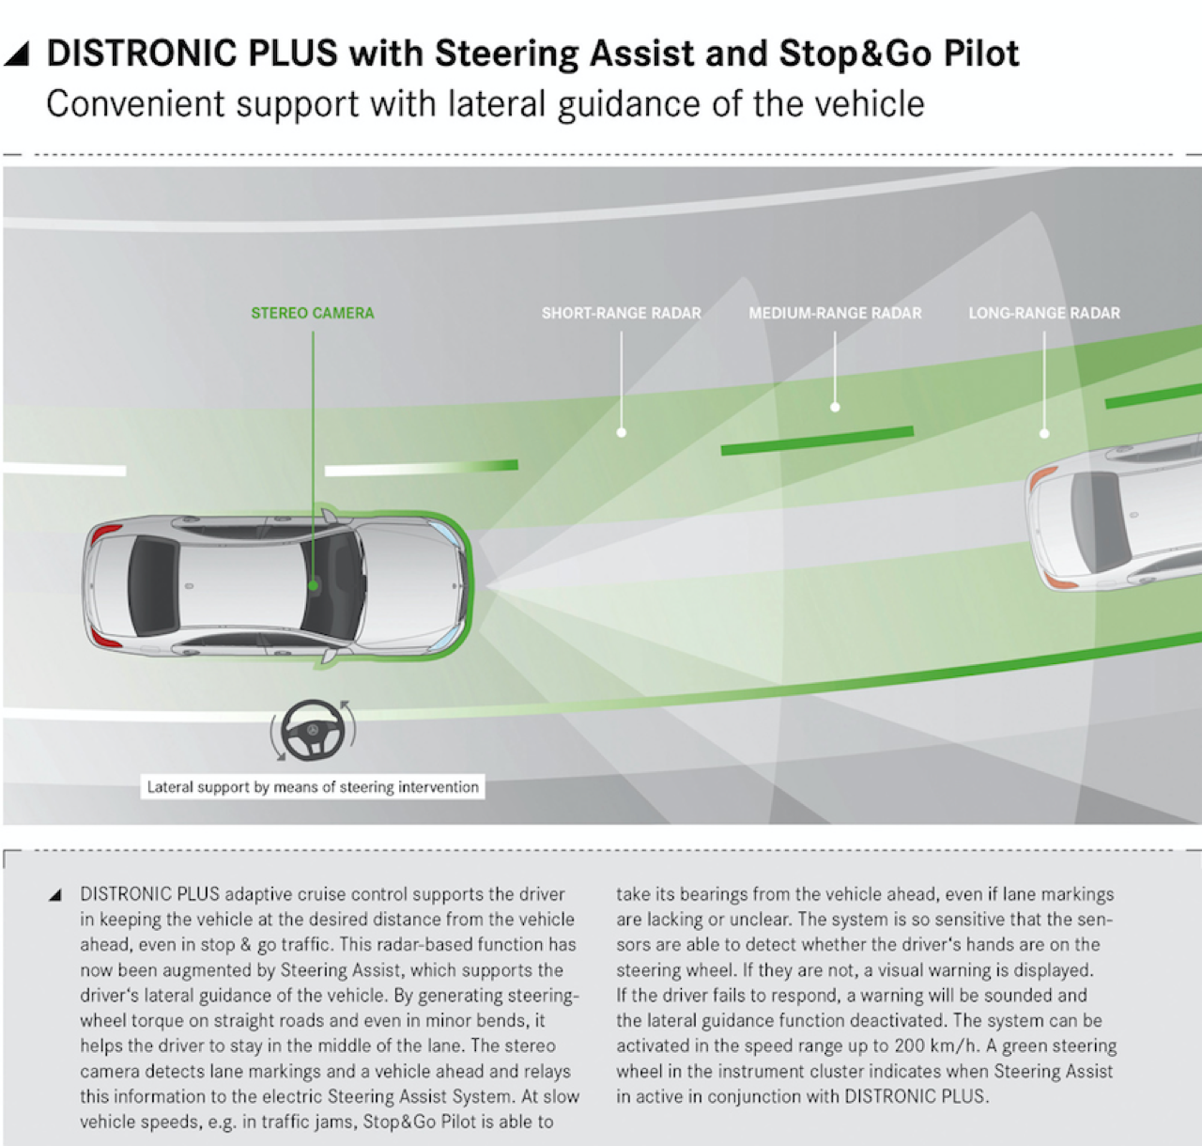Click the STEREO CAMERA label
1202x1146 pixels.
coord(312,313)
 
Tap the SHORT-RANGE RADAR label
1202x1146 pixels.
coord(621,313)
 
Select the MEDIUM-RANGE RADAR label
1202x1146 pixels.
coord(835,313)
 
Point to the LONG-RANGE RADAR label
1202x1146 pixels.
coord(1044,313)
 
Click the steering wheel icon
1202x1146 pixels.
coord(314,730)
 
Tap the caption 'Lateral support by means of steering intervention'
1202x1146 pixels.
coord(313,787)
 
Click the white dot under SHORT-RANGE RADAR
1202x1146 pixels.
coord(621,432)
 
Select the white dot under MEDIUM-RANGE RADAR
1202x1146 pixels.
coord(835,407)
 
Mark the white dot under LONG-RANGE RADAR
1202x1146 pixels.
coord(1044,433)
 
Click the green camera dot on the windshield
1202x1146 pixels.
coord(314,585)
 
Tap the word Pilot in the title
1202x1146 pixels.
coord(980,54)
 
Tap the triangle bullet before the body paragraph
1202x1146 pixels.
coord(55,894)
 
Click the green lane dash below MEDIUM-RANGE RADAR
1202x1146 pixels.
coord(817,441)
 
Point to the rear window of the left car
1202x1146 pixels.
coord(152,586)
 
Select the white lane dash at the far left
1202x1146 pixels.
coord(64,469)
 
